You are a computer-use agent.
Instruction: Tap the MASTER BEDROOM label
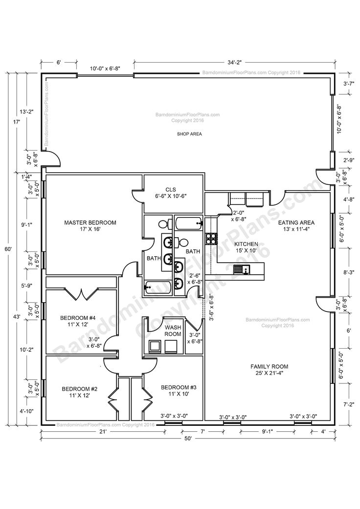90,222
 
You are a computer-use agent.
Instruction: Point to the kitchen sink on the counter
241,269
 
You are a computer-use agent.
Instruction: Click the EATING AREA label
296,222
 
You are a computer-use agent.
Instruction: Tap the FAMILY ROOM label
269,366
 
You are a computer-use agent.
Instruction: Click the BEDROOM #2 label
80,389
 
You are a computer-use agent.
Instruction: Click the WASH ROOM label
173,331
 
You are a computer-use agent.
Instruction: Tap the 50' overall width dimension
188,439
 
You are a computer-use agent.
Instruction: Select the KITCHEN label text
247,243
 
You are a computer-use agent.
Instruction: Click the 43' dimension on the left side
16,317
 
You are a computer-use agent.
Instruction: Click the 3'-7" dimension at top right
348,84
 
